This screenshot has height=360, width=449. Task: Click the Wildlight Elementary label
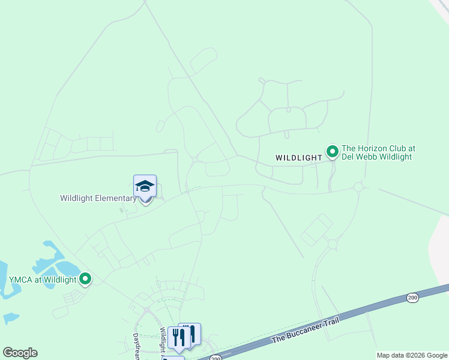coord(98,198)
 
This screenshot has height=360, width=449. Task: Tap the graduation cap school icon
coord(145,186)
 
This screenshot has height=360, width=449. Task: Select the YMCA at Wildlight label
coord(43,280)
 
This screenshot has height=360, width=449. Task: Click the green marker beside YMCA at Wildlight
coord(85,278)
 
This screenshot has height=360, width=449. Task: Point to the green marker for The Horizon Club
coord(331,150)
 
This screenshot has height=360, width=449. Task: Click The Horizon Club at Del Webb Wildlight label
coord(378,152)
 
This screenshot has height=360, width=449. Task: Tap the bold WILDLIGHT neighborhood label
coord(299,158)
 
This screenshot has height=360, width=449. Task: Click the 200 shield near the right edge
coord(412,297)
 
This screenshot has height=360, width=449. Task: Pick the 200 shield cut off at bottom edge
coord(216,358)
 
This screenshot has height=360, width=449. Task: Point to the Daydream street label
coord(136,347)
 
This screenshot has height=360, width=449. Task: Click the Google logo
coord(20,353)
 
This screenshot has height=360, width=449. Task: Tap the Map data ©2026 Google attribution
coord(412,355)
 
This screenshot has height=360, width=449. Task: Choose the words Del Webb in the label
coord(360,157)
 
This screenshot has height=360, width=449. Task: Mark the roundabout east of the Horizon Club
coord(358,187)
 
